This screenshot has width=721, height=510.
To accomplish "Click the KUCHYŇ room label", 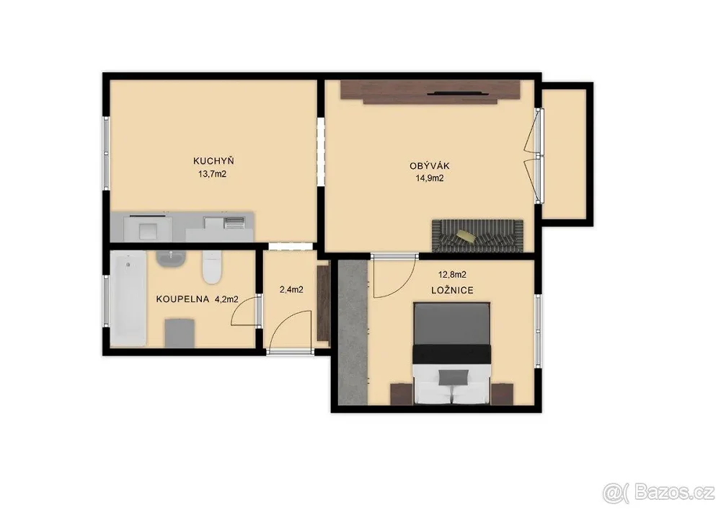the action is click(214, 161).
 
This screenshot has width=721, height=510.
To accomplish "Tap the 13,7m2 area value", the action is click(212, 175).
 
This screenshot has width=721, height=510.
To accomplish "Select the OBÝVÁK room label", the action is click(430, 166).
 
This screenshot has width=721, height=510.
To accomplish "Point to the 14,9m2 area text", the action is click(429, 179).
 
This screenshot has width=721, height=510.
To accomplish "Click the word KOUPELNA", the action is click(183, 299).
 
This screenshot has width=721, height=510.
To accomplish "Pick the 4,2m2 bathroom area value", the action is click(226, 299).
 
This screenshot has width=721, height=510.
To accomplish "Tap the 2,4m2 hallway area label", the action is click(291, 290).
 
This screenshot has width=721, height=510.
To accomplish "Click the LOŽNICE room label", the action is click(453, 291).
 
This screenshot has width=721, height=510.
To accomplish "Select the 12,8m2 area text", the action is click(452, 275).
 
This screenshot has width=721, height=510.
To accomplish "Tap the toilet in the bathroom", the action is click(212, 267).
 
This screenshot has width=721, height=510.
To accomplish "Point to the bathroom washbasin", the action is click(171, 259).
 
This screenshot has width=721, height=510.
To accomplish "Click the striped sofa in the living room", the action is click(477, 236).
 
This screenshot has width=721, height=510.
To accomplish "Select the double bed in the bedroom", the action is click(451, 353).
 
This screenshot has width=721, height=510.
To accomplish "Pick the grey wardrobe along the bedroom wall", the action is click(353, 333).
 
